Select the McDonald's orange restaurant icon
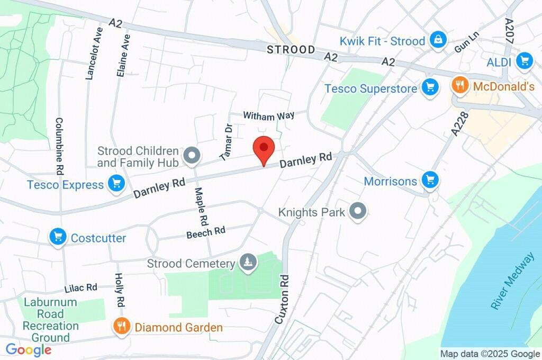pos(460,85)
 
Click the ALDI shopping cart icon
pos(525,61)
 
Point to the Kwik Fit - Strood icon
pos(438,40)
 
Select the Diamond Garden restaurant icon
pos(122,327)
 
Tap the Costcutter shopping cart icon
pos(58,237)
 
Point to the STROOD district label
pos(291,50)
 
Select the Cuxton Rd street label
pos(282,299)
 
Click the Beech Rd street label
pos(206,232)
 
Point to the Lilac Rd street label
pos(81,288)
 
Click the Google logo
pos(28,350)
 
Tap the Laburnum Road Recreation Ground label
pos(50,320)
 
